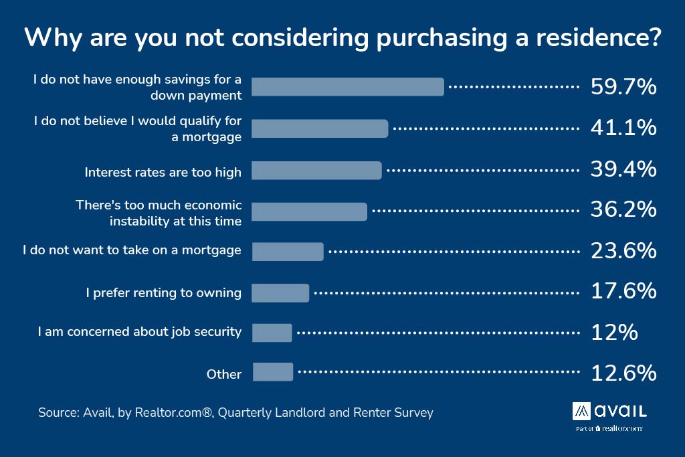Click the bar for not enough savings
tap(347, 87)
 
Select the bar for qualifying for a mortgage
tap(320, 128)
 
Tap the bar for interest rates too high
tap(316, 170)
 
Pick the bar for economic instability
tap(309, 211)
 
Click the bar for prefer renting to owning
tap(280, 293)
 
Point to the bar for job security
tap(272, 333)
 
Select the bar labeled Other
tap(273, 372)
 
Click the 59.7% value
tap(623, 87)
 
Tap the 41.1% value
tap(623, 128)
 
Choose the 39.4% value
tap(623, 169)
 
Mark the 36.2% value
tap(623, 210)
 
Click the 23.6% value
tap(623, 251)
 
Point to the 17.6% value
tap(623, 292)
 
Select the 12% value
tap(613, 333)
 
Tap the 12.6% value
tap(623, 373)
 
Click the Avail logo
tap(609, 410)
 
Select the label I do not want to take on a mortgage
tap(132, 250)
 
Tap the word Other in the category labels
tap(224, 374)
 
